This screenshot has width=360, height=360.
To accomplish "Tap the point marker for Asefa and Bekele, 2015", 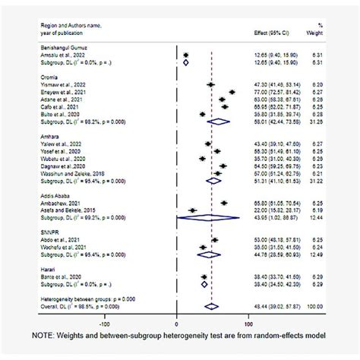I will (x=192, y=210).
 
